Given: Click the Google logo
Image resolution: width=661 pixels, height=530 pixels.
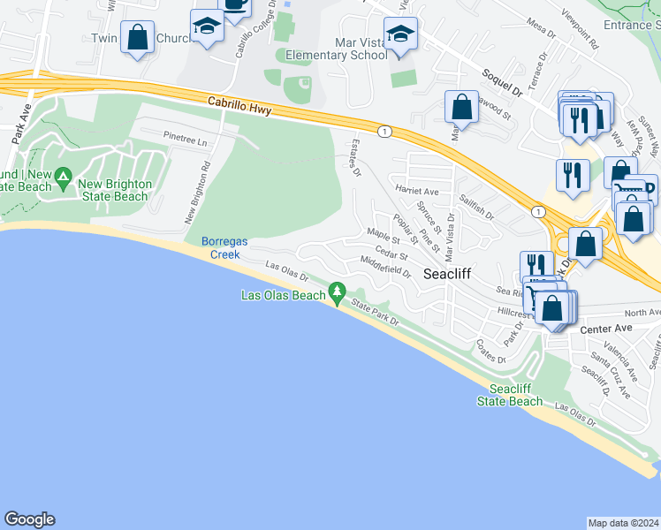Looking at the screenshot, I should [x=29, y=519].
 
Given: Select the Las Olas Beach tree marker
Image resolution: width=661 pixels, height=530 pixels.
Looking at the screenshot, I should [x=336, y=291].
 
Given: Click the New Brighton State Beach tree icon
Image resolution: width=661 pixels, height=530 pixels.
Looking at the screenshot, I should [x=63, y=178].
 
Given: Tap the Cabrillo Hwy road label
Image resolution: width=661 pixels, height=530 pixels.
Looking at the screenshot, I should [x=239, y=105].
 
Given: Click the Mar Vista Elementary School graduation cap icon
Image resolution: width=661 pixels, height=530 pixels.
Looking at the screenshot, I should [x=400, y=34].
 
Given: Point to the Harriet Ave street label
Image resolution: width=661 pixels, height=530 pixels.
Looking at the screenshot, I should [x=418, y=191].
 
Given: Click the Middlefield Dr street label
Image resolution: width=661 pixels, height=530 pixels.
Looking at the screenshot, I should [x=385, y=266].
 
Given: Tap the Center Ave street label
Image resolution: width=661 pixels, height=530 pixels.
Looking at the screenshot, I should [x=607, y=329].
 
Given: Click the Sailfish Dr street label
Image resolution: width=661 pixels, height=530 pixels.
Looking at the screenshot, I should [x=476, y=208].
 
